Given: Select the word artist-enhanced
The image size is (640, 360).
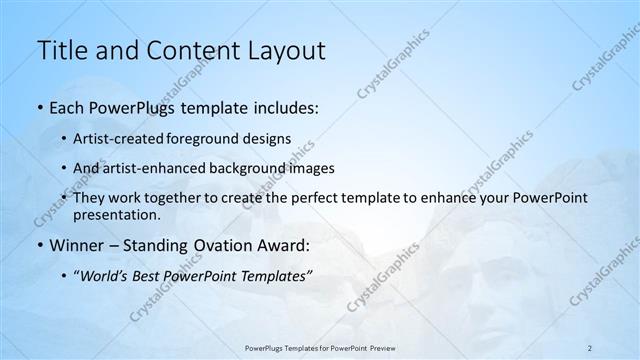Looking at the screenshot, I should [153, 168].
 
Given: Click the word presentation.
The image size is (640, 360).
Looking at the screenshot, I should [116, 215].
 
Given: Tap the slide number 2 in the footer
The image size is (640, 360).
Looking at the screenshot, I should [590, 347].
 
